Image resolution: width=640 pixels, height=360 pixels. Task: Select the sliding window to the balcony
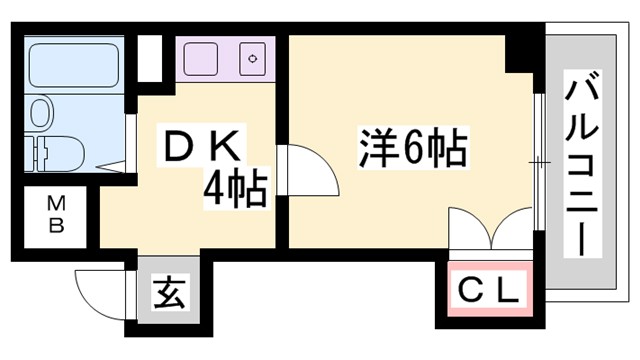pos(538,160)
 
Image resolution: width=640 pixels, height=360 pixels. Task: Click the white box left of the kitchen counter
pos(149,58)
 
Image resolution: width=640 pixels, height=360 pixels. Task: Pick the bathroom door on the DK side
pos(131,145)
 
